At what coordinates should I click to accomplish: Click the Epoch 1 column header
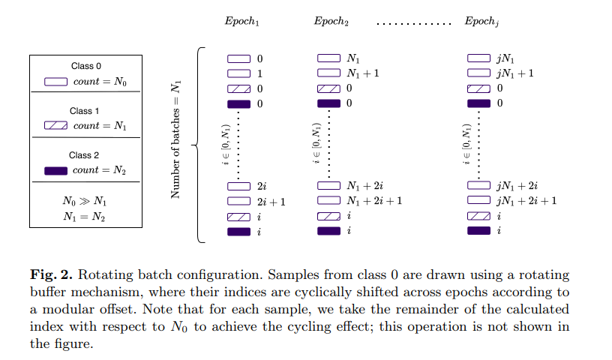pyautogui.click(x=241, y=21)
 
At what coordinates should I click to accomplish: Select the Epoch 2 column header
pyautogui.click(x=331, y=21)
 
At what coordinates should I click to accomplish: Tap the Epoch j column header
pyautogui.click(x=481, y=21)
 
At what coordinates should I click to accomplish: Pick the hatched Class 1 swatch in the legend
pyautogui.click(x=57, y=126)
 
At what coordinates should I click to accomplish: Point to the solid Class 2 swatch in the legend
pyautogui.click(x=57, y=170)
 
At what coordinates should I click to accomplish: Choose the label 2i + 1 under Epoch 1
pyautogui.click(x=271, y=202)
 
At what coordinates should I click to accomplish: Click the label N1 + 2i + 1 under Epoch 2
pyautogui.click(x=374, y=201)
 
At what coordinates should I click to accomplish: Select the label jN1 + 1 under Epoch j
pyautogui.click(x=514, y=73)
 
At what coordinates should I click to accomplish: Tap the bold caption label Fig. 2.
pyautogui.click(x=49, y=276)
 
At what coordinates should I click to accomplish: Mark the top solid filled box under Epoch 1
pyautogui.click(x=238, y=103)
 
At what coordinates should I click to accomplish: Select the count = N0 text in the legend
pyautogui.click(x=99, y=82)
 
